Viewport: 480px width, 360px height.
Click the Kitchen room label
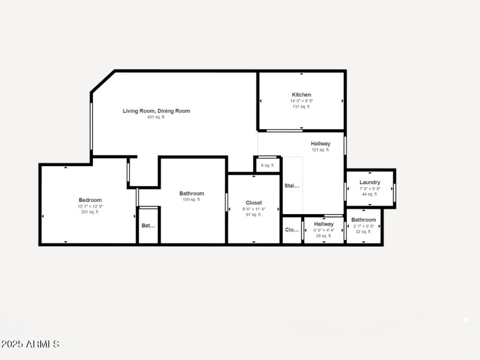[x=301, y=95]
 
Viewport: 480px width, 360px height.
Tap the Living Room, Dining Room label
[x=156, y=111]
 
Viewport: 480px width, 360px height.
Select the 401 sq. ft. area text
[x=156, y=118]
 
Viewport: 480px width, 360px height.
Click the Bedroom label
[x=90, y=200]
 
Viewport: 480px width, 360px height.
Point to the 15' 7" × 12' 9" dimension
[x=90, y=206]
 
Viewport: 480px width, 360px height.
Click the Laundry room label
[x=370, y=182]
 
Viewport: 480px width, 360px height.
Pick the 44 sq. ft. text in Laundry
[x=370, y=194]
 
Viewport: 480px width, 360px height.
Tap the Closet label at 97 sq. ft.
[x=254, y=203]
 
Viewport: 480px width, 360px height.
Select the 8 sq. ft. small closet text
[x=268, y=166]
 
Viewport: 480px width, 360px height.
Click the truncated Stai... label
[x=292, y=186]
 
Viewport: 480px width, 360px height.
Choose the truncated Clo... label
[x=292, y=230]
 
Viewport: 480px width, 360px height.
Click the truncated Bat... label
[x=148, y=226]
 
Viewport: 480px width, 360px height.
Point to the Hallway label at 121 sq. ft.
[x=320, y=144]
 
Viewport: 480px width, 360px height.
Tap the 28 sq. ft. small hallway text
[x=323, y=236]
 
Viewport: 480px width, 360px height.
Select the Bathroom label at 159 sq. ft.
[x=191, y=194]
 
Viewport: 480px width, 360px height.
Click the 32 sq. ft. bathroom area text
[x=364, y=232]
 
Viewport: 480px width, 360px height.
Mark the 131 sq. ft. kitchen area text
[x=301, y=107]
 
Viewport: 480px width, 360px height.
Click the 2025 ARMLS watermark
[x=30, y=344]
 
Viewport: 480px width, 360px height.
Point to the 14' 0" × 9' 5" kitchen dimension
[x=301, y=101]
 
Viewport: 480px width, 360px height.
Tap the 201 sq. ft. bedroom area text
[x=90, y=212]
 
